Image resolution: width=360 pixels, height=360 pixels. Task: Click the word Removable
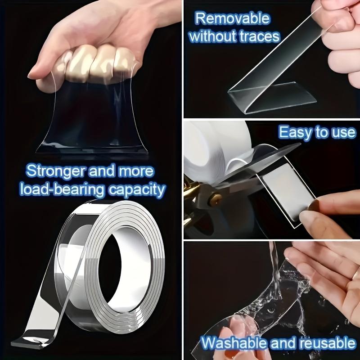(x=233, y=19)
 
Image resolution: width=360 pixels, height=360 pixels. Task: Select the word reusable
(x=323, y=343)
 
